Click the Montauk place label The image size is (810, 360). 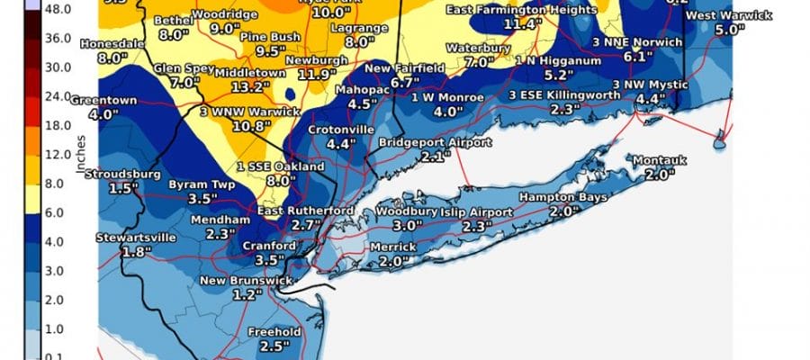click(x=659, y=160)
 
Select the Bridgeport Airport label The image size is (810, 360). click(x=435, y=143)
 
